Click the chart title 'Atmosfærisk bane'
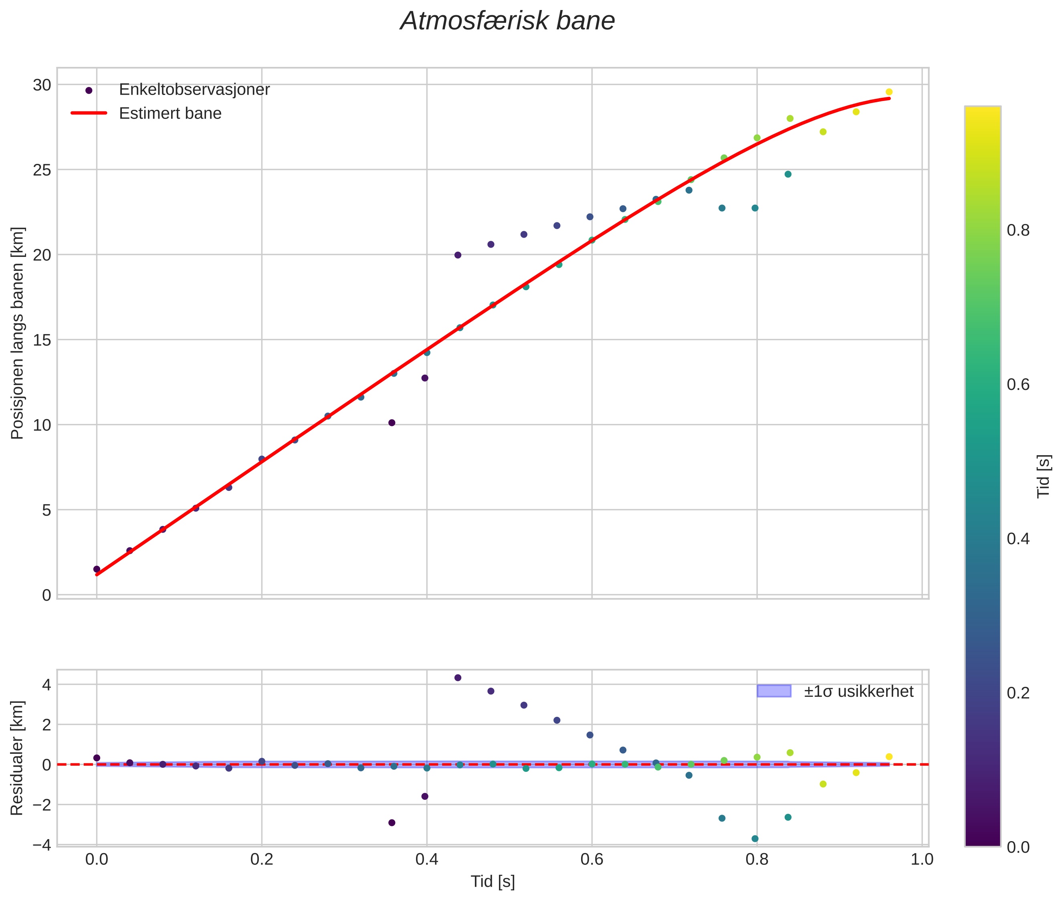click(x=507, y=21)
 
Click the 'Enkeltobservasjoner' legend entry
click(x=194, y=90)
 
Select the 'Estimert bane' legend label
click(x=170, y=113)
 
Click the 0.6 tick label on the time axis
click(x=592, y=860)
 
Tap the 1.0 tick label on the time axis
click(x=922, y=860)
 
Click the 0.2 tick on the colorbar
click(x=1018, y=693)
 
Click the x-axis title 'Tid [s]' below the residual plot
click(x=493, y=881)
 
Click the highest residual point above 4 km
click(x=458, y=678)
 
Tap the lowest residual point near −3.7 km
click(x=755, y=839)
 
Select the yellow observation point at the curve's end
click(x=889, y=92)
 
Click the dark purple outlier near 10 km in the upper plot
click(x=392, y=422)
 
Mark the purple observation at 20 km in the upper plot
click(x=458, y=255)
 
